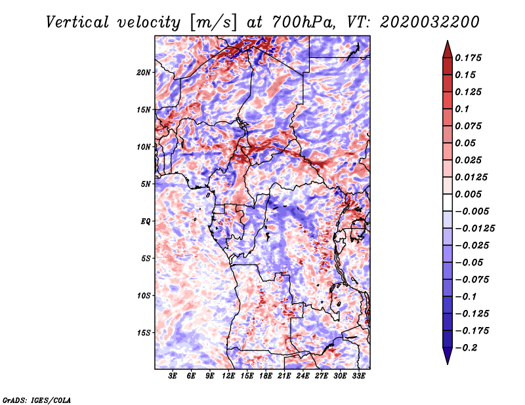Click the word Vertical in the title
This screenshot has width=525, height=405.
77,22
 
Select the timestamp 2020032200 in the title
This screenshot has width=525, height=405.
430,22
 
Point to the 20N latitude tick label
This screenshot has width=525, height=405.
144,73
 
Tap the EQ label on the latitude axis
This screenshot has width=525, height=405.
146,222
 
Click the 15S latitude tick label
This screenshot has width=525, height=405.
144,333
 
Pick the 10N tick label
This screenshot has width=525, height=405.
144,147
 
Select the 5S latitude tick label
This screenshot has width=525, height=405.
146,258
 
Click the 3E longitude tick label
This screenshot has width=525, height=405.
173,376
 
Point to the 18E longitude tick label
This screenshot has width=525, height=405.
266,376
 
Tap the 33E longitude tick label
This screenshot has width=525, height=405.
358,376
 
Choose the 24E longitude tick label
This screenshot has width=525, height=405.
303,376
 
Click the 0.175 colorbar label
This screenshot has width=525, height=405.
469,58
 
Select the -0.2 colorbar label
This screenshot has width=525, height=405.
466,348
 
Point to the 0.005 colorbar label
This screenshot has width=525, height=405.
469,194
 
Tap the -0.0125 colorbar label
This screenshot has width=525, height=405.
474,229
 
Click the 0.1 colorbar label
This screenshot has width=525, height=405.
463,109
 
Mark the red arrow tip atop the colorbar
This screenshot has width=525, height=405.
448,41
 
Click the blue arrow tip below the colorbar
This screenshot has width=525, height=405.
448,364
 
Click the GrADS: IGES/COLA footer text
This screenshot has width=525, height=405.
37,400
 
